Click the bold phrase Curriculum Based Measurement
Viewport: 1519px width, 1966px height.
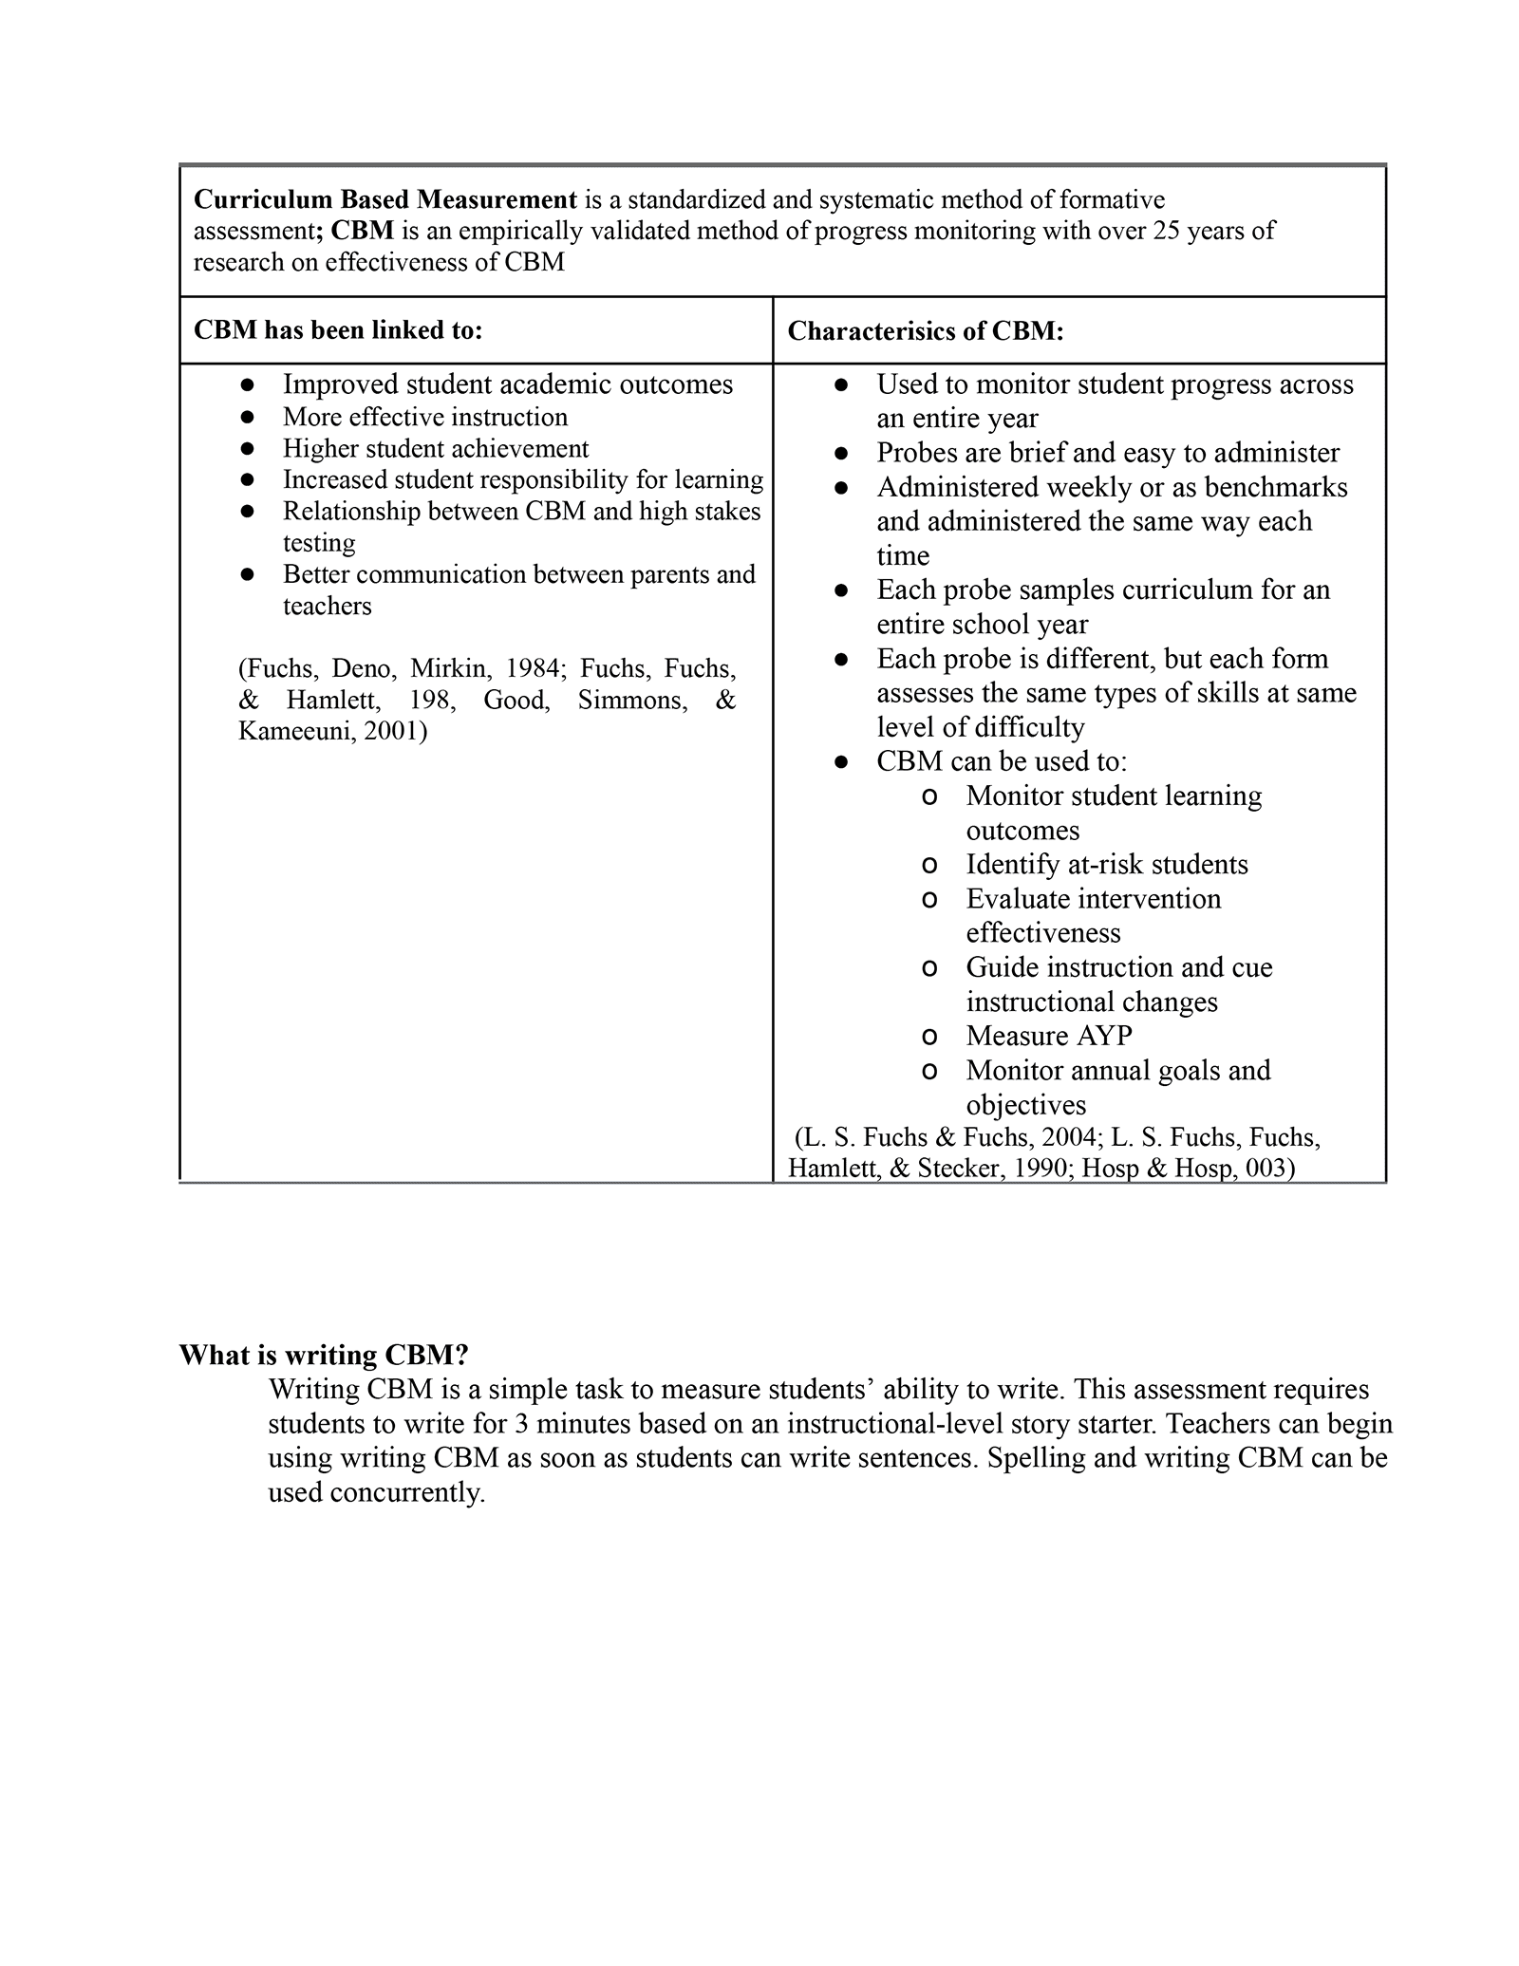384,199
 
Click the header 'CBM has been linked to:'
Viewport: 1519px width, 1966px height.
338,329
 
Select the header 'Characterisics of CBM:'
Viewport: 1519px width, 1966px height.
926,330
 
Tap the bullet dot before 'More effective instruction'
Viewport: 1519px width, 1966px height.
248,417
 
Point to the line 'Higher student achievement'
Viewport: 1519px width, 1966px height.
435,448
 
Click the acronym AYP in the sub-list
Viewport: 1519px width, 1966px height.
1101,1036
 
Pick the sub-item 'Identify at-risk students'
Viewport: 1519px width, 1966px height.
1106,864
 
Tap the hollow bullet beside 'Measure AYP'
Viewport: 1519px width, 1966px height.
929,1037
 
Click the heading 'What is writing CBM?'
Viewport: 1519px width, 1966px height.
325,1355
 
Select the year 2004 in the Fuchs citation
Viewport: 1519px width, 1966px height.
1068,1137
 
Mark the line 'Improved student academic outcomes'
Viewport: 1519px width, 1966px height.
507,384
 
